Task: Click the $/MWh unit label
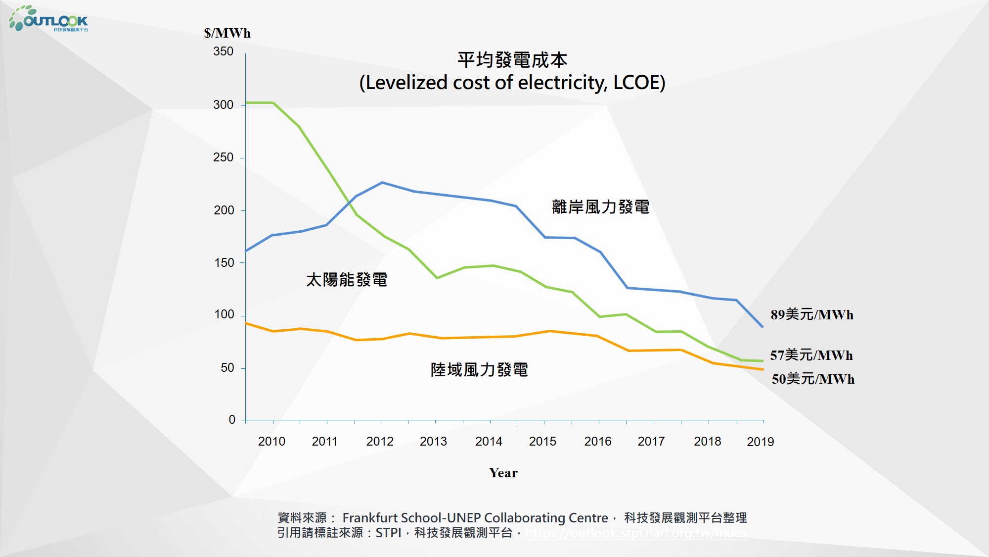click(227, 33)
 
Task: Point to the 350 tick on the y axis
click(223, 51)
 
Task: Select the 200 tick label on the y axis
click(224, 210)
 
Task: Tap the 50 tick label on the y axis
click(227, 368)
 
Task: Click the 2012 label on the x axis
click(380, 441)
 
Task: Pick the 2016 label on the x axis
click(597, 441)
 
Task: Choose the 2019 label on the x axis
click(760, 442)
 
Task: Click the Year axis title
click(503, 473)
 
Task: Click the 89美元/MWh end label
click(812, 315)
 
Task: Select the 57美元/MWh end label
click(811, 355)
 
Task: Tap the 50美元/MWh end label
click(813, 379)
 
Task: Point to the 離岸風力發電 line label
click(600, 207)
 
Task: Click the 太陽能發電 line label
click(347, 280)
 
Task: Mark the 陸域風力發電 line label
click(479, 370)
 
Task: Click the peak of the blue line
click(382, 183)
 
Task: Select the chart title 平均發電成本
click(512, 60)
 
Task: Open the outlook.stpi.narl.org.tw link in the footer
click(636, 533)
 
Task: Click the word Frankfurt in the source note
click(370, 518)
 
